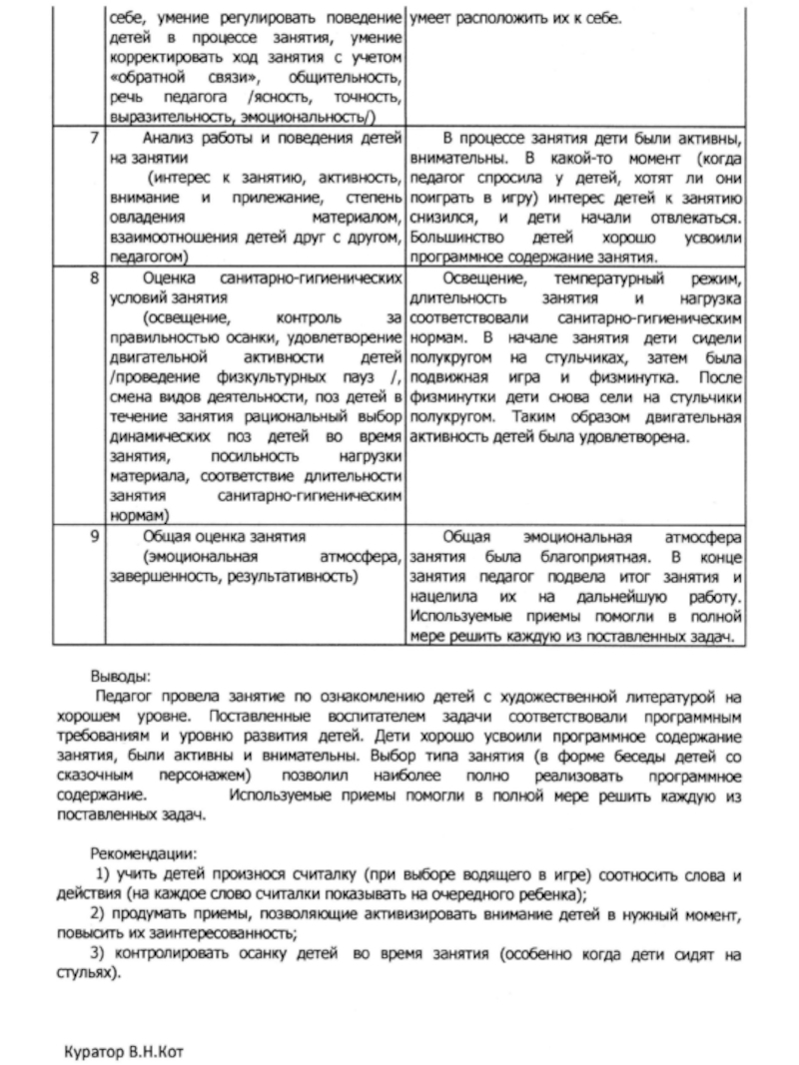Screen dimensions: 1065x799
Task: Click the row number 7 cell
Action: tap(92, 138)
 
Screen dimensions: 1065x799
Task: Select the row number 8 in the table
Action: tap(92, 274)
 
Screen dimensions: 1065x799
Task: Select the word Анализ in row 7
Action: tap(172, 138)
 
